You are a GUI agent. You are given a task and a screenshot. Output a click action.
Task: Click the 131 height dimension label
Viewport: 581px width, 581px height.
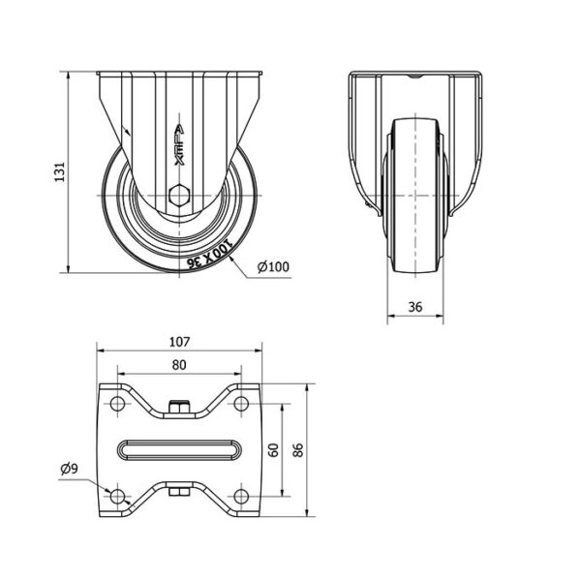coord(60,171)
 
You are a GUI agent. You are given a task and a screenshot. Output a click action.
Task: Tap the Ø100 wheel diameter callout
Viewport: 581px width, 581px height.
coord(273,266)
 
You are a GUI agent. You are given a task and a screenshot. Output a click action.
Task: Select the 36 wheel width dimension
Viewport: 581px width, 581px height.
coord(415,307)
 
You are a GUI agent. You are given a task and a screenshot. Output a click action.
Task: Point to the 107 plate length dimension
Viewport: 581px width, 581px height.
coord(179,342)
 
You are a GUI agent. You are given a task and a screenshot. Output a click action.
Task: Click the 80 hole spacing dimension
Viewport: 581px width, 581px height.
coord(179,365)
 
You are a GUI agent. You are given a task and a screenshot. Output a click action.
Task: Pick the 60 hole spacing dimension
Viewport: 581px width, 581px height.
coord(273,450)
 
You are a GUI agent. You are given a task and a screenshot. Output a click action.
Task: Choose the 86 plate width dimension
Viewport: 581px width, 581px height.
coord(298,450)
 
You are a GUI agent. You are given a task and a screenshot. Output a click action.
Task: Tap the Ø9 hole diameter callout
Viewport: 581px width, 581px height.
coord(70,469)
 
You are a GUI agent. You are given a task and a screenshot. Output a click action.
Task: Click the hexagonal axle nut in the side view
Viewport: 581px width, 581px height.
coord(179,195)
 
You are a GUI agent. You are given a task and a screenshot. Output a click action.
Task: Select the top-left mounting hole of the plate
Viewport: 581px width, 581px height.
coord(117,403)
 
